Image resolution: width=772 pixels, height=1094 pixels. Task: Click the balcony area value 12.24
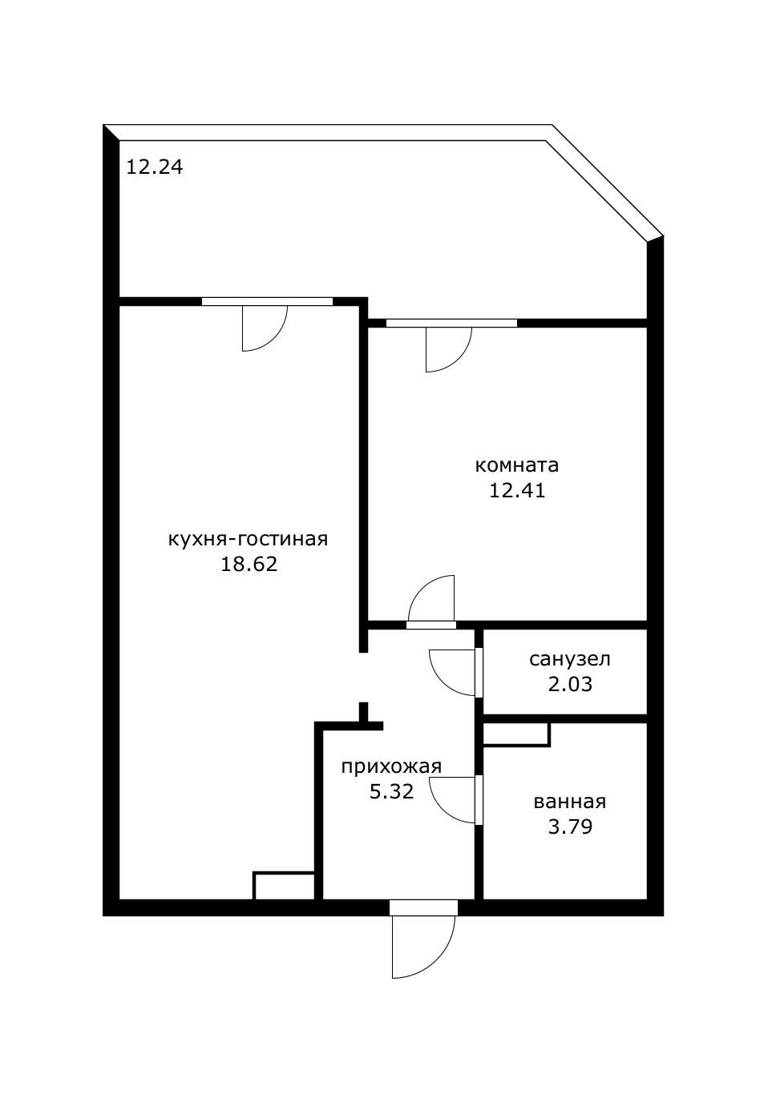click(155, 167)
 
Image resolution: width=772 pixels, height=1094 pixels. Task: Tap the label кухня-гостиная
click(248, 539)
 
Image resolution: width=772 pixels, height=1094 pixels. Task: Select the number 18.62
click(249, 564)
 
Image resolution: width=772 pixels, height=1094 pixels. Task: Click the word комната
click(517, 465)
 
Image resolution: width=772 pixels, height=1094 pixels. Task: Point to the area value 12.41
click(517, 490)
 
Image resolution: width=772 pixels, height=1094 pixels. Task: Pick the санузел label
click(569, 659)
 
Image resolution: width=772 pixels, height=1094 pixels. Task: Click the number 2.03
click(569, 684)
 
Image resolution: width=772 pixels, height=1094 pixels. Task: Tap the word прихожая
click(391, 766)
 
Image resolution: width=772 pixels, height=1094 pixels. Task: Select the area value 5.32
click(391, 792)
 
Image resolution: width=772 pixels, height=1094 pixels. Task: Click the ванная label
click(569, 802)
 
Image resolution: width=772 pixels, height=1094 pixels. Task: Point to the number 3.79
click(569, 827)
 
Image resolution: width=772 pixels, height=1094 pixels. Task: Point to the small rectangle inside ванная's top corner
click(516, 734)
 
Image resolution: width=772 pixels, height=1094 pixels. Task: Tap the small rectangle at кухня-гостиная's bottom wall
click(284, 885)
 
